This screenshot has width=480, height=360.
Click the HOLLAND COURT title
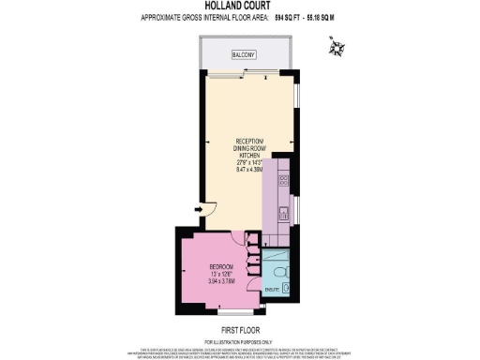[x=239, y=6]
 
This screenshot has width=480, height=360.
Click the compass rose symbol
[x=337, y=44]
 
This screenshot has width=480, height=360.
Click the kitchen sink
[x=283, y=215]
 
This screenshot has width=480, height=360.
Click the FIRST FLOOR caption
[x=240, y=328]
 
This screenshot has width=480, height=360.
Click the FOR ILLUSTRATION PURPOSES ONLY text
[x=240, y=339]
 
